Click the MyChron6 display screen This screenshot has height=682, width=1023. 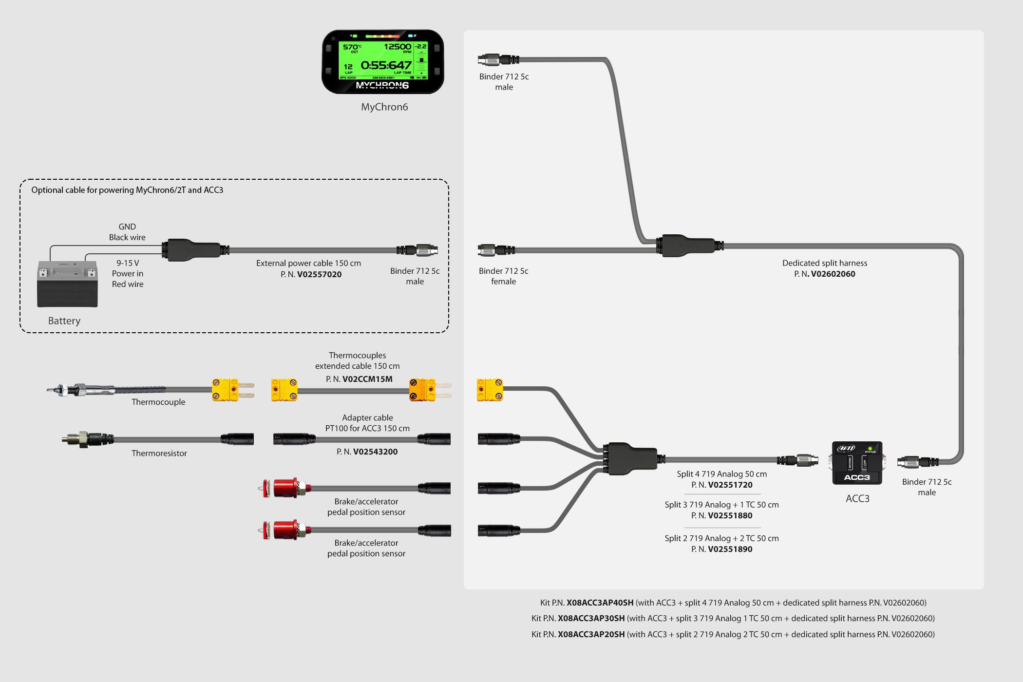[383, 60]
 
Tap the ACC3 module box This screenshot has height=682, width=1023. [857, 463]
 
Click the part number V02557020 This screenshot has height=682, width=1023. [319, 274]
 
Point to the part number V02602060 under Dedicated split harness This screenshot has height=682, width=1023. [833, 274]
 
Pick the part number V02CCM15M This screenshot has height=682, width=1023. [367, 379]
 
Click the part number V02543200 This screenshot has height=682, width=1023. [375, 452]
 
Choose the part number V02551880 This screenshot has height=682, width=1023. [730, 515]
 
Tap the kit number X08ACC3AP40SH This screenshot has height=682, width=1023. [600, 603]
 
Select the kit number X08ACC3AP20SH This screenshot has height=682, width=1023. [591, 634]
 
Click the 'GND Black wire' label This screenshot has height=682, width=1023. [127, 232]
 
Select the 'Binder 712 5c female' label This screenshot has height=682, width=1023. [503, 276]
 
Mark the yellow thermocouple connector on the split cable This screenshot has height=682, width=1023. [490, 390]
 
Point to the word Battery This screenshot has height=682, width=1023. [64, 321]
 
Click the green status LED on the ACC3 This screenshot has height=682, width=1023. [870, 448]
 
